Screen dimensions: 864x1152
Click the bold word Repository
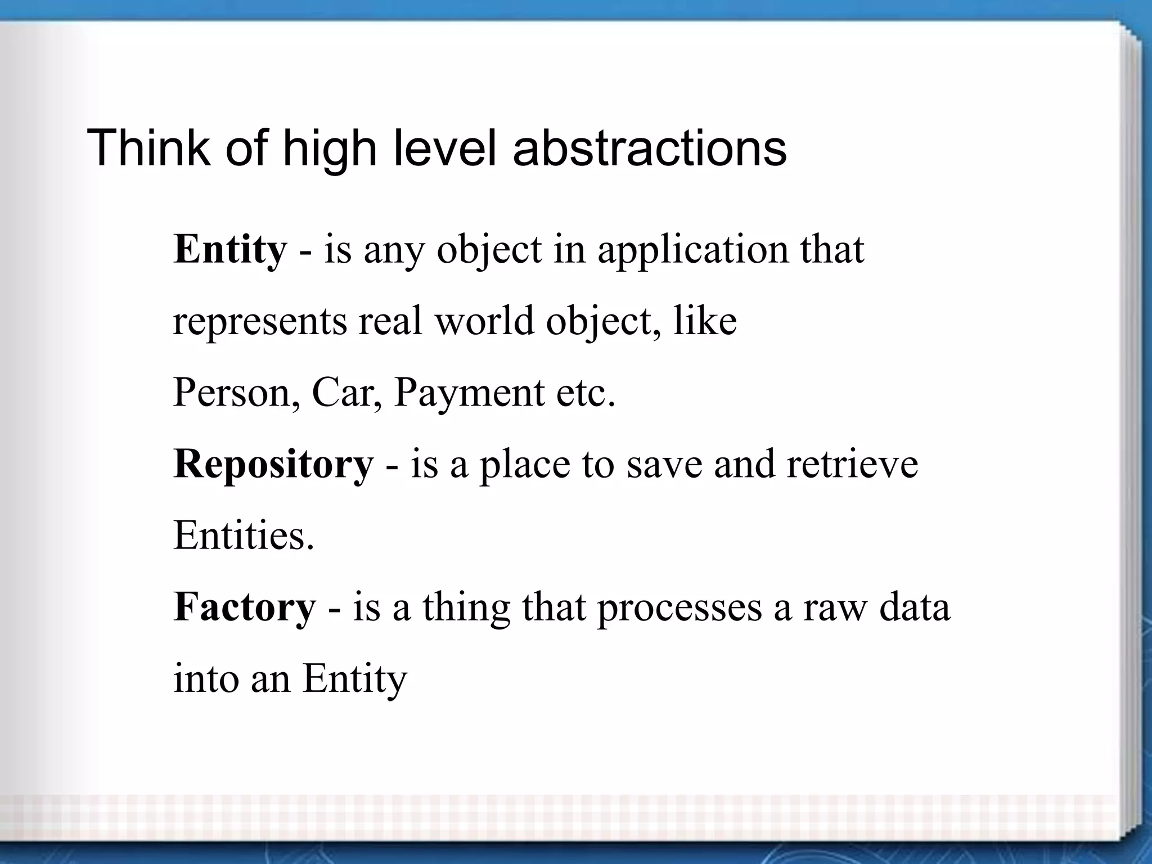pos(273,464)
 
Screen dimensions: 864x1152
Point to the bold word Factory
pos(245,607)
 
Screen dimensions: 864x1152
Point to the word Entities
pos(244,535)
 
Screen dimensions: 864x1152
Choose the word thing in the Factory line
pos(466,607)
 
